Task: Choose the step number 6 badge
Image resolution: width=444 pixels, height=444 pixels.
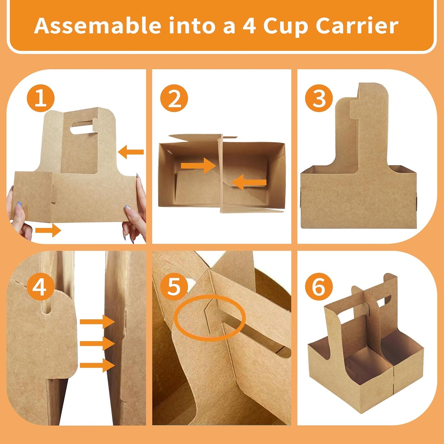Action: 319,286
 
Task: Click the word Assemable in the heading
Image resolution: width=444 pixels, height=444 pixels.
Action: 98,26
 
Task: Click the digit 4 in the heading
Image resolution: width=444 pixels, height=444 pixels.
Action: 249,26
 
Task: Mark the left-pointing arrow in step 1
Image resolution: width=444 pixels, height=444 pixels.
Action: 131,152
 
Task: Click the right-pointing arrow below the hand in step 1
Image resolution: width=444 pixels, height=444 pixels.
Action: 48,230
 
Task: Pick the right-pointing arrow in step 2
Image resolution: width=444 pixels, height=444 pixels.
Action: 198,166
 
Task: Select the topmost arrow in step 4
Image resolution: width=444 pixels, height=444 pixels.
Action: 97,322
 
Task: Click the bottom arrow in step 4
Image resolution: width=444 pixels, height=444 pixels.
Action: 97,365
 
